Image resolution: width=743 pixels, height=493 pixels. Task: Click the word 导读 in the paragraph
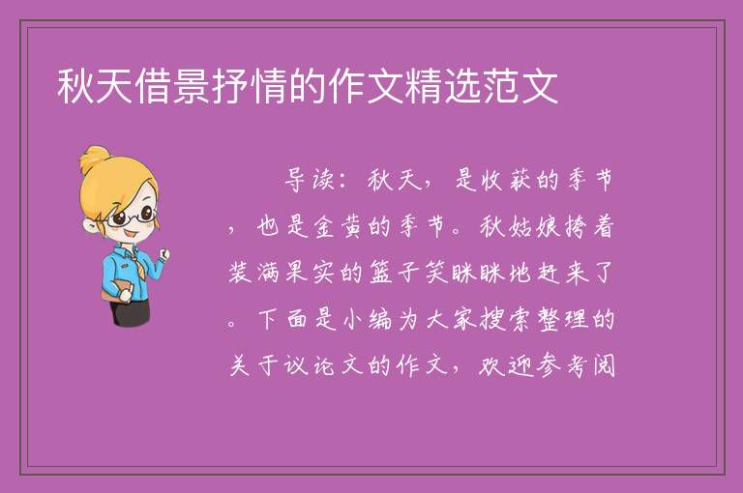coord(310,180)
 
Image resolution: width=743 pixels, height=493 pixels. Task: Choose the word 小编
coord(368,319)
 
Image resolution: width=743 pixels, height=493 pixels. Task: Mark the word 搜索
coord(505,319)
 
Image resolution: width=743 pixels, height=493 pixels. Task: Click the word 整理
coord(561,319)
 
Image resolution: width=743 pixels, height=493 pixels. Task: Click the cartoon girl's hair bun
coord(94,159)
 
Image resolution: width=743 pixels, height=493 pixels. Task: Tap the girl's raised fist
coord(164,254)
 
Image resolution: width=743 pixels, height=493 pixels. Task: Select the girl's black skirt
coord(131,312)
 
